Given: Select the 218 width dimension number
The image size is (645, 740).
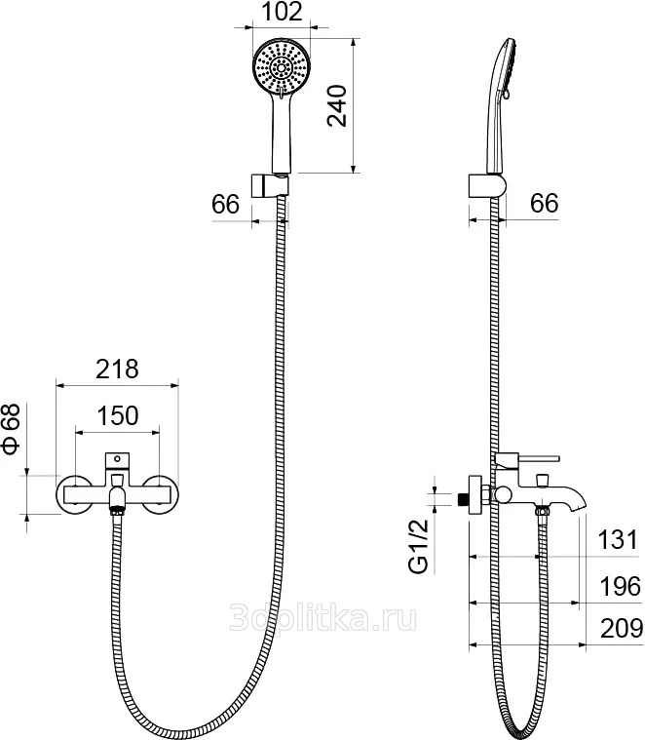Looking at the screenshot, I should (117, 370).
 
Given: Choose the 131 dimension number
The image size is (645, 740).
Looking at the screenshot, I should (618, 540).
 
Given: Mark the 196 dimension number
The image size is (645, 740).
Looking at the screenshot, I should (618, 586).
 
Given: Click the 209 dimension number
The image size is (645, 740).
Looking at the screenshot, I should (618, 630).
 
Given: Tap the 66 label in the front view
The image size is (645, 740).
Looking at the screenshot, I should (226, 204).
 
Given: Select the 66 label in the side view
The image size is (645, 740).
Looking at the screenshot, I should (544, 204).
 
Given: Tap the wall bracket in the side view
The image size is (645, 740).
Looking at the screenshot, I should (485, 185).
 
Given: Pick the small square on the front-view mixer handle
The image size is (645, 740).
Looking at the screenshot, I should (118, 457).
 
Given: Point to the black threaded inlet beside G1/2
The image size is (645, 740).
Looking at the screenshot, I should (460, 498).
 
